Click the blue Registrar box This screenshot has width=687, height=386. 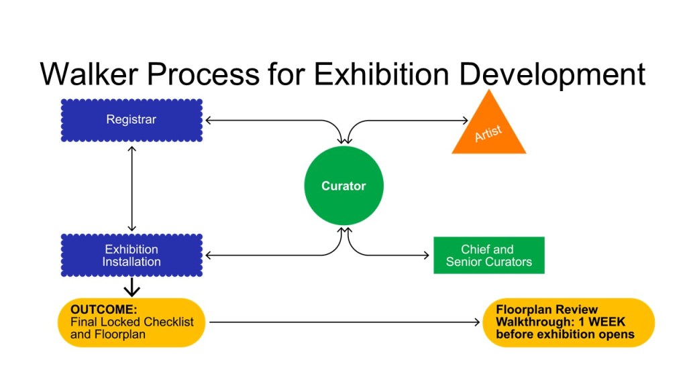[131, 121]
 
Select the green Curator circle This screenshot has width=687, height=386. [343, 186]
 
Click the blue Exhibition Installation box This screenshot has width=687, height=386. [131, 255]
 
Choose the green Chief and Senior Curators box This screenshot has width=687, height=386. [488, 255]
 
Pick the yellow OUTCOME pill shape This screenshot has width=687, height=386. [131, 322]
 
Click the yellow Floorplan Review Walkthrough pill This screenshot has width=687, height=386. [568, 322]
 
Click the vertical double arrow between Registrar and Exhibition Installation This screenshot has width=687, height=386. [131, 188]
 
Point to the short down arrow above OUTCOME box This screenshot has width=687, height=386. [132, 287]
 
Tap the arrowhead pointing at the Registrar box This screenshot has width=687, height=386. [209, 121]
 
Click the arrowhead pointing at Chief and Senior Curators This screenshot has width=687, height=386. [425, 255]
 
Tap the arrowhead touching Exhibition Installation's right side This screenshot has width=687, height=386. [209, 255]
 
